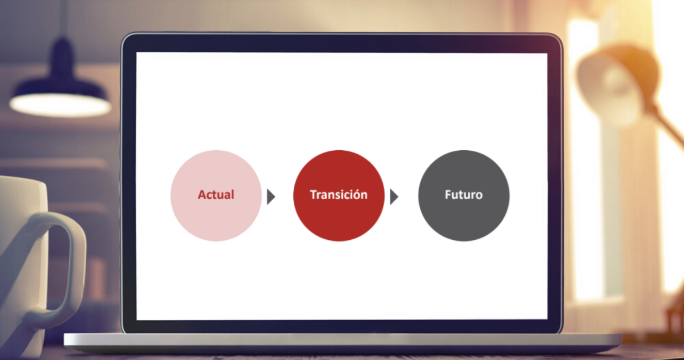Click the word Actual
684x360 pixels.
(x=216, y=195)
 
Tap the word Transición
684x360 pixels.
(x=339, y=194)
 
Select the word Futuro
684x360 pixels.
(x=463, y=195)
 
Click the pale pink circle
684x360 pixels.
(x=216, y=196)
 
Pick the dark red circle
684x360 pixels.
(x=339, y=196)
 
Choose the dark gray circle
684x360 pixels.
(x=464, y=196)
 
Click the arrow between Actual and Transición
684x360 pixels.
(x=271, y=197)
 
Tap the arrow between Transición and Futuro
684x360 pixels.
(x=394, y=197)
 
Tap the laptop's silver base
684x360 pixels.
(x=342, y=342)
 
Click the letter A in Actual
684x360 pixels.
(x=202, y=195)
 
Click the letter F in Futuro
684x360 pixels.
(x=448, y=195)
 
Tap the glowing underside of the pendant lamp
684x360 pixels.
(x=61, y=105)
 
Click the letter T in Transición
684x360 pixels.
(x=314, y=195)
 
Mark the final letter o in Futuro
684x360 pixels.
(x=479, y=196)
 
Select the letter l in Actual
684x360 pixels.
(x=233, y=194)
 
